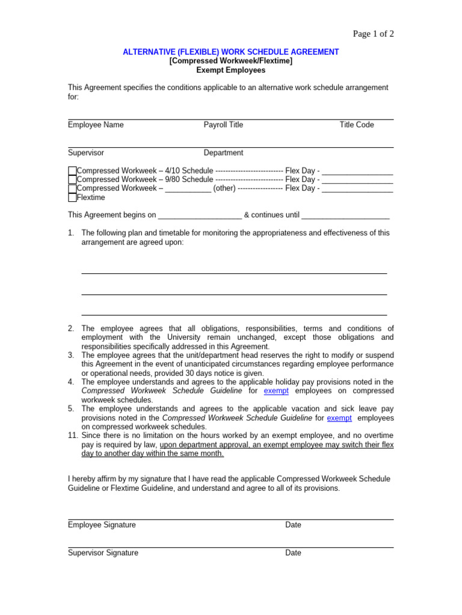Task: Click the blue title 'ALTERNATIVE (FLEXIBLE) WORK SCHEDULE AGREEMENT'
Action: point(231,52)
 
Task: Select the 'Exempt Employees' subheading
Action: point(231,70)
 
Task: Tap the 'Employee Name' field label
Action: point(96,125)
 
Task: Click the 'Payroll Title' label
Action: point(223,125)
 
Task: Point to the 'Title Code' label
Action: point(357,125)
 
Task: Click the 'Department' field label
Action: point(223,153)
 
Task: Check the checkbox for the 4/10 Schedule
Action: point(72,171)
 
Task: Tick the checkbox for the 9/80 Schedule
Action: point(72,180)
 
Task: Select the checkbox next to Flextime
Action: point(72,198)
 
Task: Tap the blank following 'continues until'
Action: point(345,216)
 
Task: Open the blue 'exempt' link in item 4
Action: point(276,391)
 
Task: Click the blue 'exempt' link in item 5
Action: point(339,418)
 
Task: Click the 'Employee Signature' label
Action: point(102,525)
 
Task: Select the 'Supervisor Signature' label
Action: point(103,553)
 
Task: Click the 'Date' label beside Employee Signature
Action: point(293,525)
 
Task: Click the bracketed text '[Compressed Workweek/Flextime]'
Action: point(231,61)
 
